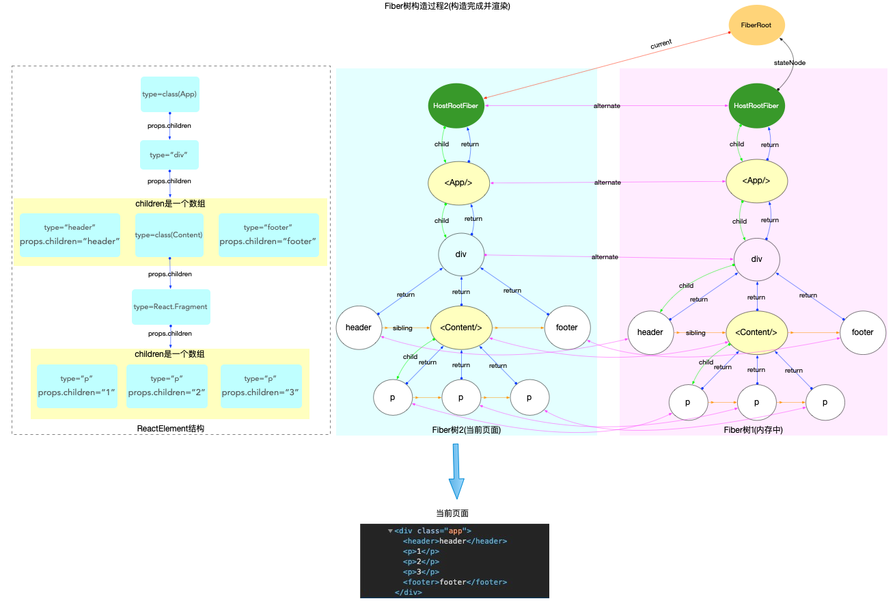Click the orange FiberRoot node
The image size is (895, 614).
[x=756, y=25]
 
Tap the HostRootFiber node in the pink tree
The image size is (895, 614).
[x=756, y=106]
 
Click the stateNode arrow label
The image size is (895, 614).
[x=789, y=62]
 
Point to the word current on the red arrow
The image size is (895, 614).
[x=661, y=43]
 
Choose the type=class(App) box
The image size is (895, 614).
[x=169, y=94]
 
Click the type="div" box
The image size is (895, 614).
[x=169, y=155]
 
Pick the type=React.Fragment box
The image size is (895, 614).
[x=171, y=307]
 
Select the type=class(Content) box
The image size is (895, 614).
[x=169, y=235]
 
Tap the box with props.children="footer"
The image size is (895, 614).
[x=268, y=235]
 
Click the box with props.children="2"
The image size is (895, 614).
[x=167, y=386]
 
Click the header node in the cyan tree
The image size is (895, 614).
[x=358, y=328]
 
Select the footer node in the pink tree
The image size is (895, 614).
[x=862, y=332]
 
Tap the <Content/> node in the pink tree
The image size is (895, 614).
[x=756, y=332]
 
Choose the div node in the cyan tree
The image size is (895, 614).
[x=461, y=254]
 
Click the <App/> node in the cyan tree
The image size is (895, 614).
[x=458, y=183]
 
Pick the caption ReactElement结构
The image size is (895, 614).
[x=171, y=429]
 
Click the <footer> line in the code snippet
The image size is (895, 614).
[x=454, y=582]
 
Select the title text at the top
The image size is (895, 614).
[x=447, y=6]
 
